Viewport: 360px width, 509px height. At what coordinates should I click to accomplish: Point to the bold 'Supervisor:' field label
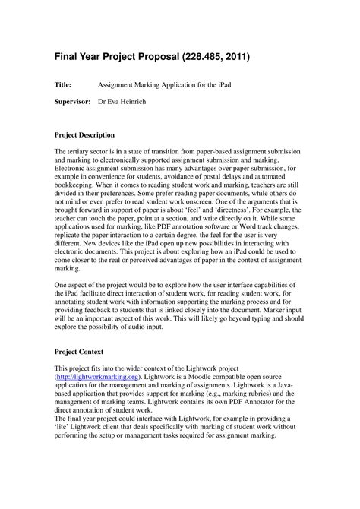point(73,101)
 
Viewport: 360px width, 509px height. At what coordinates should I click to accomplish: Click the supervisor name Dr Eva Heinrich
point(129,101)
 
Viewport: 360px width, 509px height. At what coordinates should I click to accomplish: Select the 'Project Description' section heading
point(84,134)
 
